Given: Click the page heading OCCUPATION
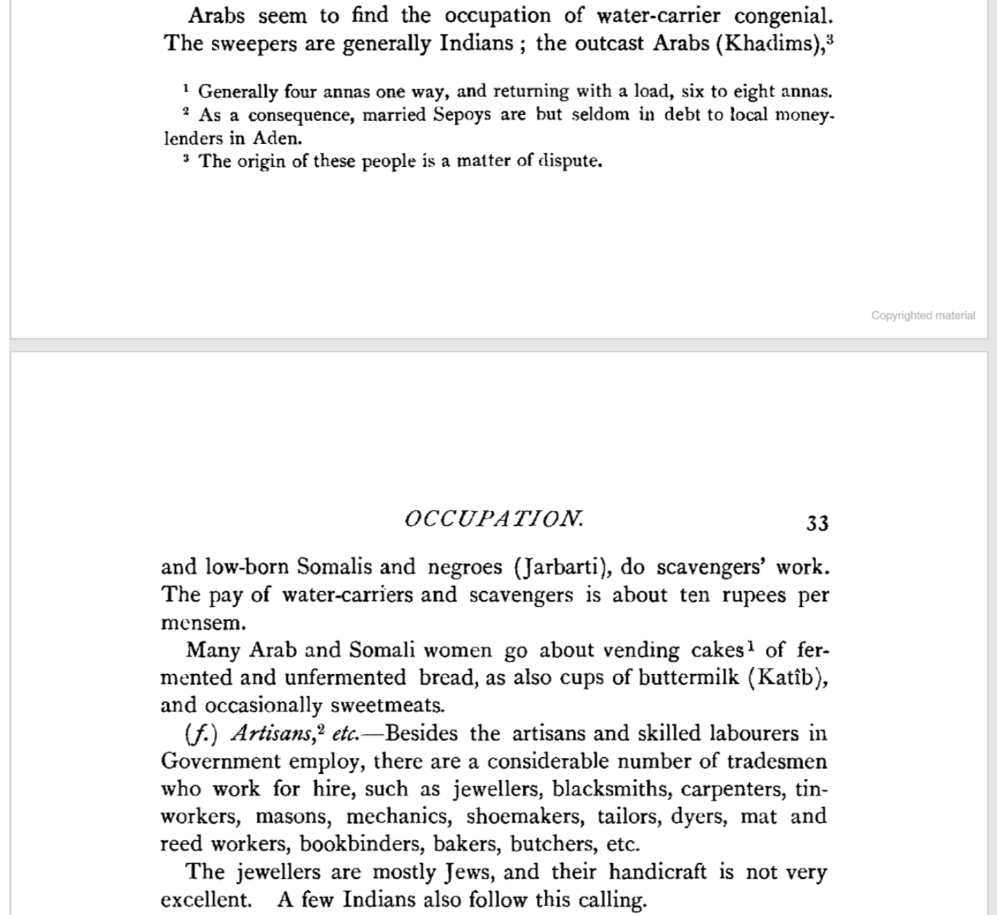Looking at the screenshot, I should (494, 519).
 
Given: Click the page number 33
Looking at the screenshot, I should (817, 523).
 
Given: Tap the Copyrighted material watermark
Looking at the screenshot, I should (923, 316).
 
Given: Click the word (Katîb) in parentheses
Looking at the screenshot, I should (789, 677).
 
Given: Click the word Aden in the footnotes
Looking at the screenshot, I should (276, 138).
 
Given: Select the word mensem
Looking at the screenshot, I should (203, 622).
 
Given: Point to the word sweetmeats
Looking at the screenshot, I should (387, 705).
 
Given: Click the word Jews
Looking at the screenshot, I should (470, 871).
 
